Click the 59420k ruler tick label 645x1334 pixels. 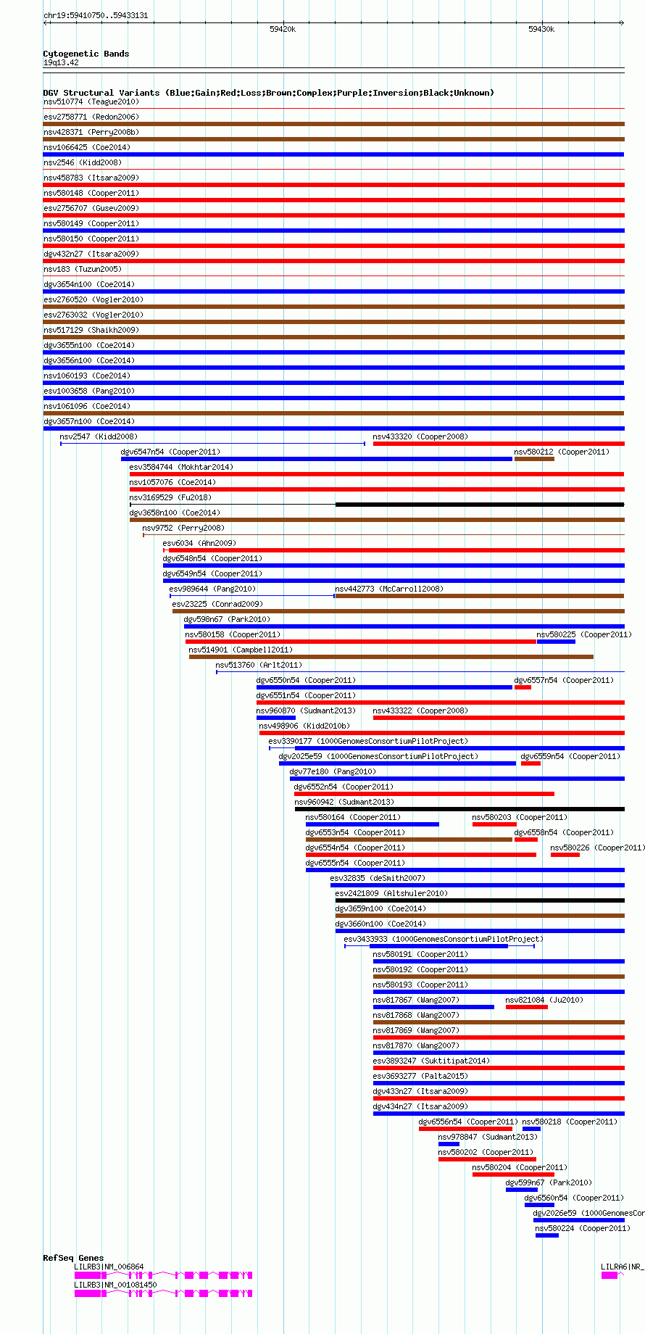pyautogui.click(x=283, y=29)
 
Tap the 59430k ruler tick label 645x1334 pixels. pyautogui.click(x=541, y=29)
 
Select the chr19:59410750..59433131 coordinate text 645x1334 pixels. pyautogui.click(x=96, y=15)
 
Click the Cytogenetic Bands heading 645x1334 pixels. pyautogui.click(x=86, y=54)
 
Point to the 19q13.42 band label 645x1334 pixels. pyautogui.click(x=61, y=62)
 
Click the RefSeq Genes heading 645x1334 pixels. pyautogui.click(x=73, y=1258)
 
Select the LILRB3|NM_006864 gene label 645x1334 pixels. pyautogui.click(x=109, y=1267)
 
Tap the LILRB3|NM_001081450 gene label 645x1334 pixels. pyautogui.click(x=115, y=1285)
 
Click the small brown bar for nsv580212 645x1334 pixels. pyautogui.click(x=534, y=459)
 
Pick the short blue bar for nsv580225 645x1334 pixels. pyautogui.click(x=556, y=642)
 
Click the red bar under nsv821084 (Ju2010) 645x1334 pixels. pyautogui.click(x=526, y=1007)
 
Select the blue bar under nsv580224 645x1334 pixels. pyautogui.click(x=547, y=1235)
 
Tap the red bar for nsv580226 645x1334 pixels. pyautogui.click(x=565, y=855)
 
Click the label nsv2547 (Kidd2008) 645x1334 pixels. pyautogui.click(x=98, y=436)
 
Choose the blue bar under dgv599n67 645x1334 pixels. pyautogui.click(x=522, y=1190)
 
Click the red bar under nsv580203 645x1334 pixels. pyautogui.click(x=494, y=824)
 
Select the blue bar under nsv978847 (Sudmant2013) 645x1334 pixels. pyautogui.click(x=449, y=1144)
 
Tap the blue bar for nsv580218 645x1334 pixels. pyautogui.click(x=531, y=1129)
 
